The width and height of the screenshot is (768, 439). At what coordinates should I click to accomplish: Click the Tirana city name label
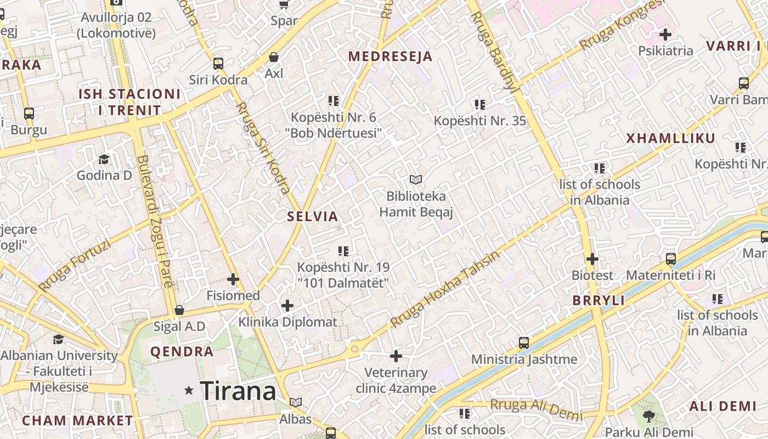[238, 391]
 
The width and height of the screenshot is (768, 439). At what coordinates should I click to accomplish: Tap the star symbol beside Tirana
[189, 391]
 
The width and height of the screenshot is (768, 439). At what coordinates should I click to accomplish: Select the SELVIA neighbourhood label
[313, 216]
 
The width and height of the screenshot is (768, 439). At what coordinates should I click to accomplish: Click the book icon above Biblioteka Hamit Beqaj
[416, 179]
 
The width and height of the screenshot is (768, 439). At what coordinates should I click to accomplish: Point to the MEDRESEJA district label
[390, 57]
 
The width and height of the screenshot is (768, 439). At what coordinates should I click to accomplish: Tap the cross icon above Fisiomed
[233, 279]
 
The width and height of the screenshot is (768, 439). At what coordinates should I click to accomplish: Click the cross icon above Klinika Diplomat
[287, 306]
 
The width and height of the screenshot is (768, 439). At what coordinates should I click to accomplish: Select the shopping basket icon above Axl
[273, 57]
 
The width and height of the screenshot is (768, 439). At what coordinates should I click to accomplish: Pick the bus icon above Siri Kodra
[218, 64]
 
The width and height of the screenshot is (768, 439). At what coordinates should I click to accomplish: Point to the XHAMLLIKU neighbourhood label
[671, 138]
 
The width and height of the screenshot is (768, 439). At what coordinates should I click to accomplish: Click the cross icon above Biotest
[592, 258]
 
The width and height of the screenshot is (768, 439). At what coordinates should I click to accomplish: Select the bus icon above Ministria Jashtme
[524, 343]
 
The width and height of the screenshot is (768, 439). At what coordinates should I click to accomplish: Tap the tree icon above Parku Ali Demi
[649, 416]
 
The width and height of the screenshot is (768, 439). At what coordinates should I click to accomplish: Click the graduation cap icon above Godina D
[104, 160]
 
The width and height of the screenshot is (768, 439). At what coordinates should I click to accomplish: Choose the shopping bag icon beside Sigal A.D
[179, 311]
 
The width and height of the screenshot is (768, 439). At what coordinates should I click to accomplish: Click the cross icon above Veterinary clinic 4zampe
[396, 357]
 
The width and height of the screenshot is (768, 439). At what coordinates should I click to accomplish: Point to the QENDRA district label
[182, 352]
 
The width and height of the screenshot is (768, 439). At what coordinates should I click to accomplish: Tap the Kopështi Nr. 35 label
[480, 121]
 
